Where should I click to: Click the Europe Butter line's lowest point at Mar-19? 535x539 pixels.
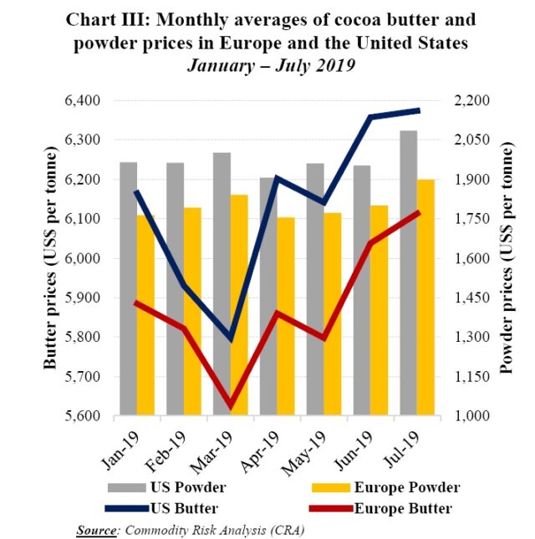click(x=231, y=406)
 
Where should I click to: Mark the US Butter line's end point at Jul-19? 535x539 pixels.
click(x=419, y=110)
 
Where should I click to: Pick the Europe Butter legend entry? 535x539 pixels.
click(x=402, y=508)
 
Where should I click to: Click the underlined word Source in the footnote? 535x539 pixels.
click(x=94, y=530)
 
